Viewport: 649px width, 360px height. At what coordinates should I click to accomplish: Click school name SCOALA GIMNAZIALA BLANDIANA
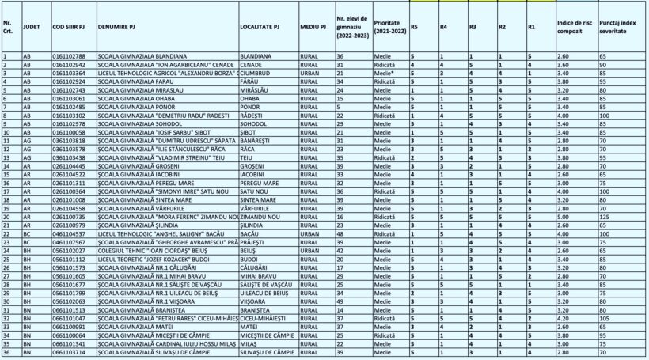(x=142, y=57)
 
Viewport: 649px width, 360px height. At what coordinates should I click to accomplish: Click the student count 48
(x=340, y=233)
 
